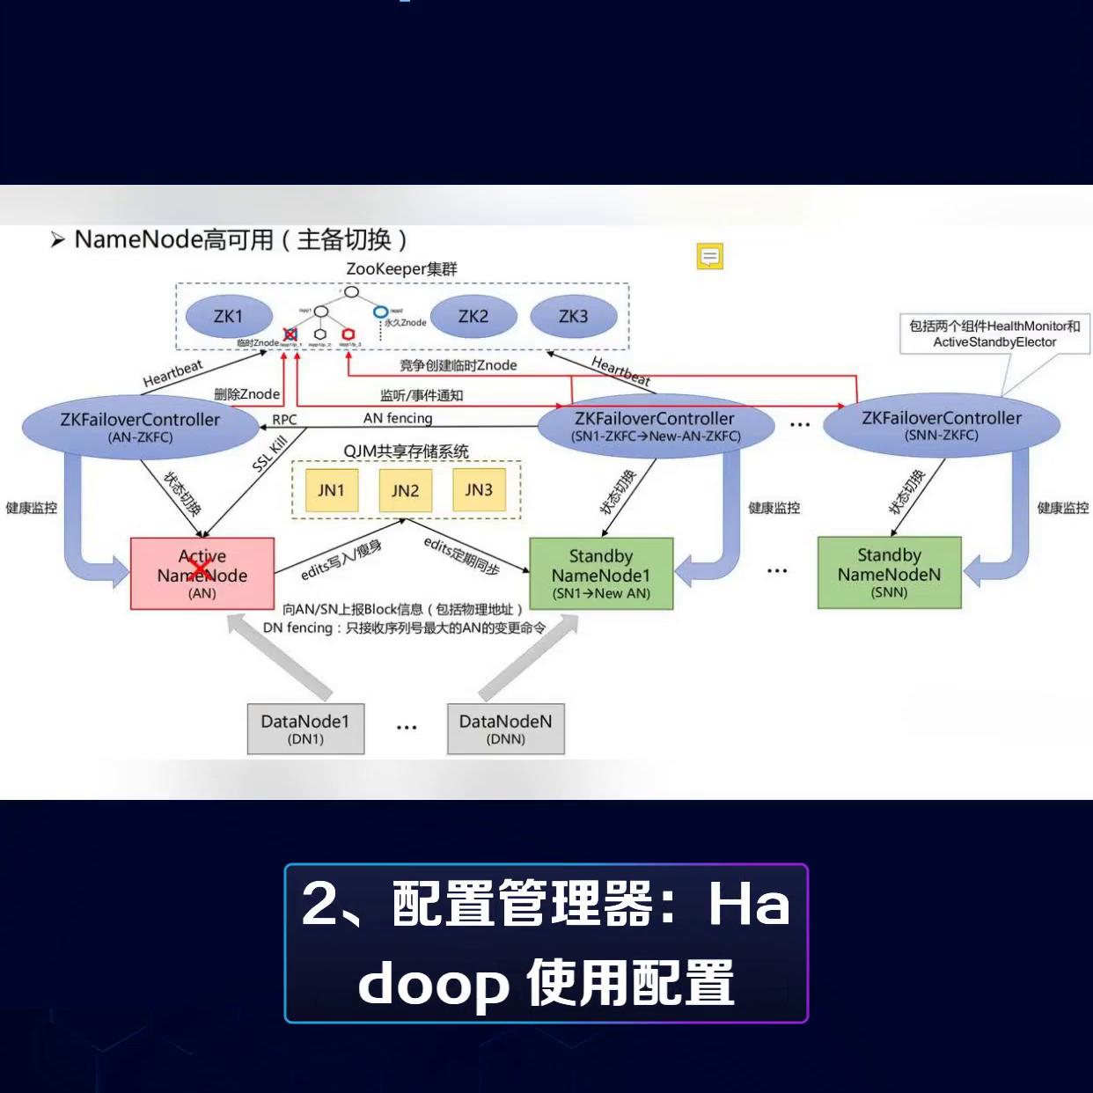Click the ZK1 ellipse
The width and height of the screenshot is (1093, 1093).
228,317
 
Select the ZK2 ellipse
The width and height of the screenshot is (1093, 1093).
473,317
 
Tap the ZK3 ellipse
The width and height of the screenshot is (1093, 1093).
573,317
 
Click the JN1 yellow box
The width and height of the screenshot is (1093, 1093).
331,490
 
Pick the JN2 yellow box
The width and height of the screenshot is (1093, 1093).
405,490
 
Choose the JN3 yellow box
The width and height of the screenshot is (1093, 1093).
479,489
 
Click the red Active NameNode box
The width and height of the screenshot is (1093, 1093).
202,574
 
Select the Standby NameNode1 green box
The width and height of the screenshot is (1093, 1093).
601,574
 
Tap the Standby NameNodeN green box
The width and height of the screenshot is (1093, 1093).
889,573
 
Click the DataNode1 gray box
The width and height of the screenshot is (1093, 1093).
305,729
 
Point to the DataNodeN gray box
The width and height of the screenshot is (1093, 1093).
505,729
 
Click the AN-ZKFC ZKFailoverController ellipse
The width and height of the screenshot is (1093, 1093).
140,427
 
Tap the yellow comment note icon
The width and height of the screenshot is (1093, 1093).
709,256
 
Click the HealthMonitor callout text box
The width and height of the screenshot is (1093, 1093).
994,334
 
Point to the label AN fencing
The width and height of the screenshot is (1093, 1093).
398,418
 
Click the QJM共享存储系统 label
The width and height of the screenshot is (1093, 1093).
406,451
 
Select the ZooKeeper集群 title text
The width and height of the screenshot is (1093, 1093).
401,268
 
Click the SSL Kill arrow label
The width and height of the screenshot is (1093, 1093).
269,454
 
